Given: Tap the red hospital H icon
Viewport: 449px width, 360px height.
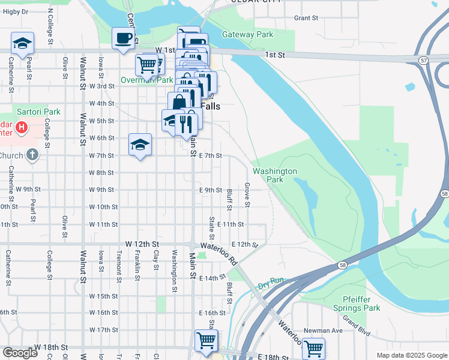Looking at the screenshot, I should pyautogui.click(x=22, y=128).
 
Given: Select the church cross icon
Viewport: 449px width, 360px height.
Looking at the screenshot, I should pyautogui.click(x=32, y=155).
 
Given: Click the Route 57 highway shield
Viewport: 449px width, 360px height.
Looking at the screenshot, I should pyautogui.click(x=424, y=61).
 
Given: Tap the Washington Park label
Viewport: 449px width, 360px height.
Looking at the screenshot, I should pyautogui.click(x=275, y=175).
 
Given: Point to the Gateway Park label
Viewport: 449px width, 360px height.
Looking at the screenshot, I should pyautogui.click(x=247, y=35).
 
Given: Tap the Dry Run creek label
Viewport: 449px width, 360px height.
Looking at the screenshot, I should pyautogui.click(x=270, y=286).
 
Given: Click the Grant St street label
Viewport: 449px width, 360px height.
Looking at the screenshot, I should pyautogui.click(x=306, y=18).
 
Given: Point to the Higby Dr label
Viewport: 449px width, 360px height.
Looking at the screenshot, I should pyautogui.click(x=17, y=11).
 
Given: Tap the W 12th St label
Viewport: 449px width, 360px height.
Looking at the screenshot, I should pyautogui.click(x=141, y=244).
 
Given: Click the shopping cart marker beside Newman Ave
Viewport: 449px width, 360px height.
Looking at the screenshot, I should pyautogui.click(x=313, y=347).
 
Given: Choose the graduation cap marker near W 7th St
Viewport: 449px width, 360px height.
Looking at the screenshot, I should pyautogui.click(x=140, y=145).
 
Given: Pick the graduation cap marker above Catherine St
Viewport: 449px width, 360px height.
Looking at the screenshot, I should pyautogui.click(x=22, y=43).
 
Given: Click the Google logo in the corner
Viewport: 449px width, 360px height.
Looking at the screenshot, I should pyautogui.click(x=20, y=353).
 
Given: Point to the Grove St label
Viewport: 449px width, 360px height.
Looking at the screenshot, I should pyautogui.click(x=247, y=196).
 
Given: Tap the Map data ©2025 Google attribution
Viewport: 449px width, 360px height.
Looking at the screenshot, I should pyautogui.click(x=411, y=355).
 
